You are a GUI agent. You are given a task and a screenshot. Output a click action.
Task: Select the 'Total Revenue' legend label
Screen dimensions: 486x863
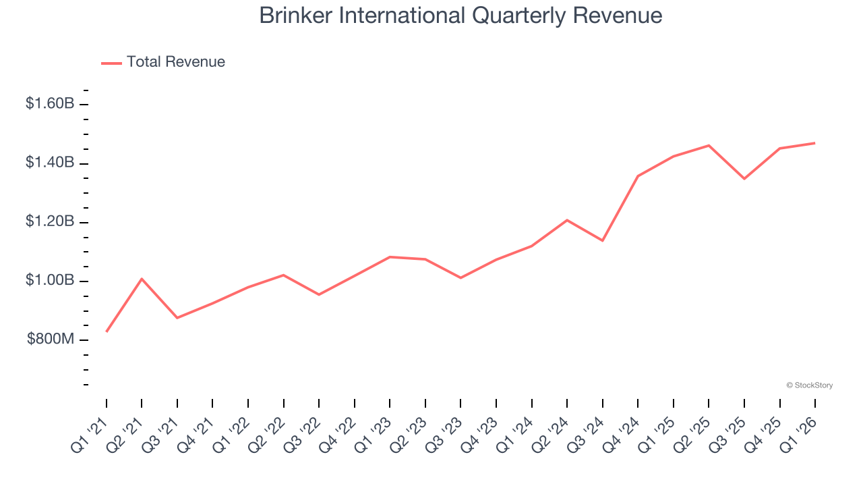(x=175, y=62)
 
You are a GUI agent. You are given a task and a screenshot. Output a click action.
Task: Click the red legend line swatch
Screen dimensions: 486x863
(x=111, y=63)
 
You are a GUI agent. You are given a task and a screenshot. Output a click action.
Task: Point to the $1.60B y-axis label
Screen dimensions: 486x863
(x=50, y=104)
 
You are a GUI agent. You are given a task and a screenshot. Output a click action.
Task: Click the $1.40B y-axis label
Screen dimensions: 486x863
(x=50, y=163)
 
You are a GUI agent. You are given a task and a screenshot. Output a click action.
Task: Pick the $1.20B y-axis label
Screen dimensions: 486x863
(x=50, y=222)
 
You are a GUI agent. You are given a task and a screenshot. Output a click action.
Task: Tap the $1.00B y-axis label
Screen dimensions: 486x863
(x=50, y=281)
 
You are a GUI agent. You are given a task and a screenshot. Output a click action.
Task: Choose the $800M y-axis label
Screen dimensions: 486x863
(x=51, y=340)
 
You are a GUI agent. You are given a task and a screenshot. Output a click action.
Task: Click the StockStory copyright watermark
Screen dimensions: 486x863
(x=809, y=385)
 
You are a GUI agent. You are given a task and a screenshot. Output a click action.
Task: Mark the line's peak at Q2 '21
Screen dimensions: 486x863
(x=142, y=279)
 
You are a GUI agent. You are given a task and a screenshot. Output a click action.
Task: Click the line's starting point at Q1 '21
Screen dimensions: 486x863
(x=107, y=331)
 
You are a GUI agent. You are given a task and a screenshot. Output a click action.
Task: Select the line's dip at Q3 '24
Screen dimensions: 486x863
(x=602, y=240)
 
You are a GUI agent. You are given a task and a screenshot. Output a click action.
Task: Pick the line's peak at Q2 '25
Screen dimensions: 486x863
(x=709, y=145)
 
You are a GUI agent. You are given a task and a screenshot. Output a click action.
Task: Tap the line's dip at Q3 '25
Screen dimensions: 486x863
(x=744, y=179)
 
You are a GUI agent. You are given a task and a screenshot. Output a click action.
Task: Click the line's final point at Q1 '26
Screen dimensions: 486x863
(x=815, y=143)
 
